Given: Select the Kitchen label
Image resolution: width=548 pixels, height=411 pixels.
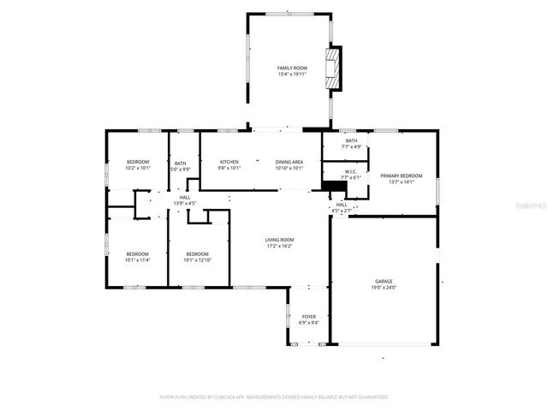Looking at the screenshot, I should tap(229, 162).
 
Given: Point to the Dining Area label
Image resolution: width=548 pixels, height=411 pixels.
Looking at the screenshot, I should tap(289, 162).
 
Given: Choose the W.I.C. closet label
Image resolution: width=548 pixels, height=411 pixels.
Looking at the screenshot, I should tap(351, 171).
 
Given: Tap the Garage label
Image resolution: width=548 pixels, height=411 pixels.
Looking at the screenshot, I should tap(384, 281).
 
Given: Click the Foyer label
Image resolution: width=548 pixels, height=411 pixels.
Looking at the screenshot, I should tap(308, 317).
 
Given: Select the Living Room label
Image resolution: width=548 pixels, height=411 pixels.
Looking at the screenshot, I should tap(279, 240).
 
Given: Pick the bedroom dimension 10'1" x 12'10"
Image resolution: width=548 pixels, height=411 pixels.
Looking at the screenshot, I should tap(198, 259).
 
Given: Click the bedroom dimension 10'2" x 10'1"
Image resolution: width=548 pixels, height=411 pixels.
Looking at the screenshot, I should tap(138, 168).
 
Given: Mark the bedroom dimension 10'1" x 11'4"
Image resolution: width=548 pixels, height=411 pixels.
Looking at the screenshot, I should tap(138, 259).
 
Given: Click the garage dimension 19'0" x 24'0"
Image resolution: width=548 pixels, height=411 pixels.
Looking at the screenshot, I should tap(384, 287).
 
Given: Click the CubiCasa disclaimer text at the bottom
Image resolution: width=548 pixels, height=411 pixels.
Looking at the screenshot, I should tap(274, 397).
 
